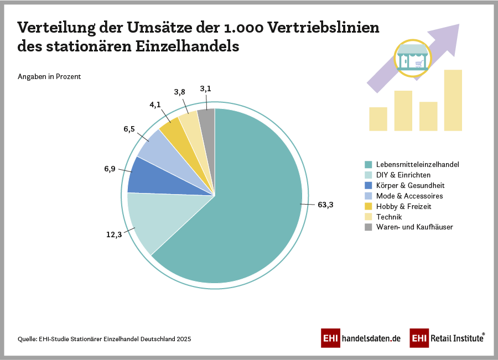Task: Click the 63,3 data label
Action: [326, 205]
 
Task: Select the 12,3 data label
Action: [114, 234]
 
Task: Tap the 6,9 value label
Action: [110, 169]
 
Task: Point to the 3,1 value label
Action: [206, 88]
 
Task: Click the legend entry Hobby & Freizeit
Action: [403, 206]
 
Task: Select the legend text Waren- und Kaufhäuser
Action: [414, 227]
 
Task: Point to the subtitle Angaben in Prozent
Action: [49, 77]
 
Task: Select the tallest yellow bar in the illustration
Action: [453, 100]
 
